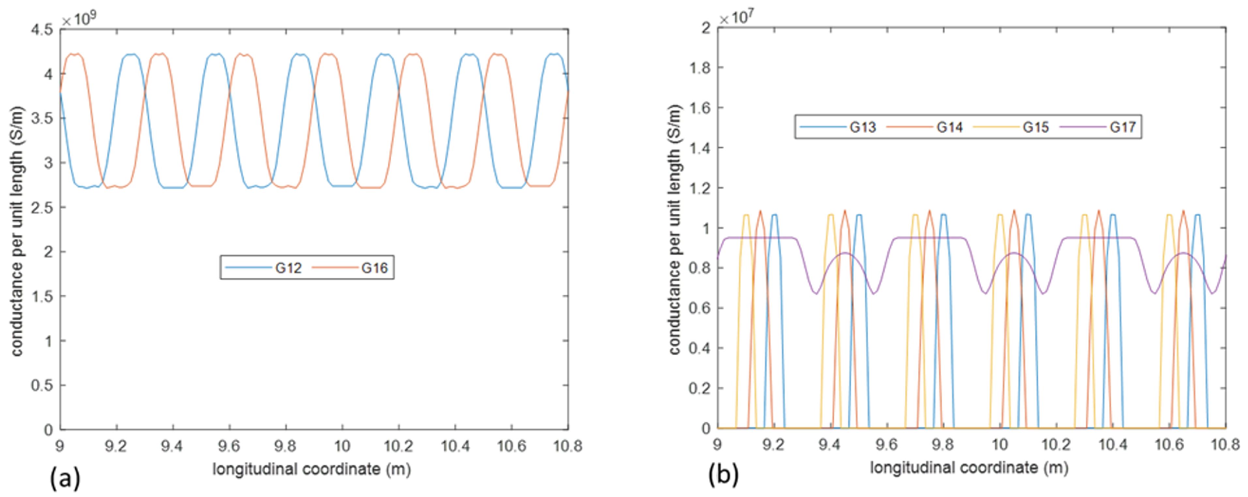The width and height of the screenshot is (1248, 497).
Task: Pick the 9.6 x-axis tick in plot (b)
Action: coord(886,444)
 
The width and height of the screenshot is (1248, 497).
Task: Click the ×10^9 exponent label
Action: coord(79,19)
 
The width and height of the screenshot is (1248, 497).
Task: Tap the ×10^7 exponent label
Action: coord(736,18)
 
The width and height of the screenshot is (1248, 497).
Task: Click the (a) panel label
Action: coord(64,479)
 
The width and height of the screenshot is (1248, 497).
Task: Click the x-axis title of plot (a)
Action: coord(312,469)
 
